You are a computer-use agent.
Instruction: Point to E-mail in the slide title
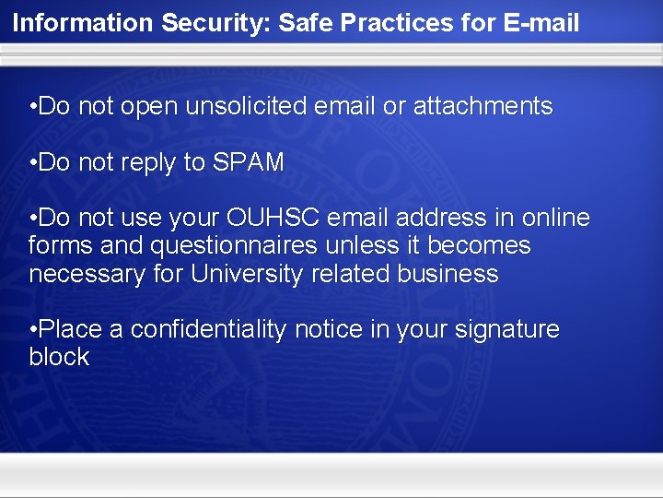542,22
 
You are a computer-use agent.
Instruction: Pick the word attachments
483,107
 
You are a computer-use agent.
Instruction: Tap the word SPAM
249,163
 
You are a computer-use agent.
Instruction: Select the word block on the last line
59,358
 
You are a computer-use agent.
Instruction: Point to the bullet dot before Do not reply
33,163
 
